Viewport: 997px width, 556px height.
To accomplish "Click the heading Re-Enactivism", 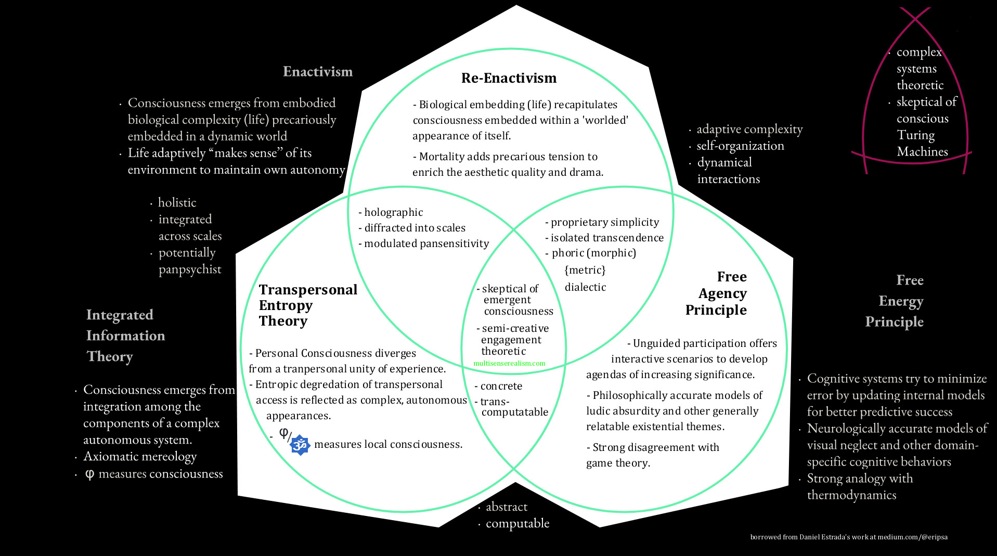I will tap(509, 78).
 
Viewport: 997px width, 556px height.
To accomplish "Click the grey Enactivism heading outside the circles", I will tap(317, 72).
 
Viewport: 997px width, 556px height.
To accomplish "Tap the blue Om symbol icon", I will tap(300, 445).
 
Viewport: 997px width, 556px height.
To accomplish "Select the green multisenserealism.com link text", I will tap(509, 364).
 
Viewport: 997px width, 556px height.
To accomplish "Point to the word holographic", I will tap(393, 212).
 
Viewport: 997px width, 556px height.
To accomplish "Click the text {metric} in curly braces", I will tap(585, 270).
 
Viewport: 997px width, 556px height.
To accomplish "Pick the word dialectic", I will tap(585, 287).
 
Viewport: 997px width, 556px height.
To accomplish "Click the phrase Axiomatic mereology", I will tap(140, 457).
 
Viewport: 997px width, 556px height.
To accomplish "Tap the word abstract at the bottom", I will tap(506, 507).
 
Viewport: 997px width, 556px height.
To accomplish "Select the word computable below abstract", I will tap(517, 523).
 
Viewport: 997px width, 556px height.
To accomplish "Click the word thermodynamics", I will tap(851, 495).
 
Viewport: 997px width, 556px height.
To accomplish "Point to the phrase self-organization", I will tap(740, 146).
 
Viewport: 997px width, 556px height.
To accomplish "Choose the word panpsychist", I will tap(190, 269).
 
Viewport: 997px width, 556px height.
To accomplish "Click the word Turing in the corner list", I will tap(915, 135).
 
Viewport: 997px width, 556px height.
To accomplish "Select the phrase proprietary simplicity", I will tap(605, 222).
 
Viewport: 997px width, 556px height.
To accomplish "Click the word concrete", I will tap(501, 386).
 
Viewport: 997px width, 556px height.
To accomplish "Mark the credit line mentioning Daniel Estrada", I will tap(848, 537).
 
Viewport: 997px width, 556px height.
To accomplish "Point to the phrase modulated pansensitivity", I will tap(426, 243).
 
